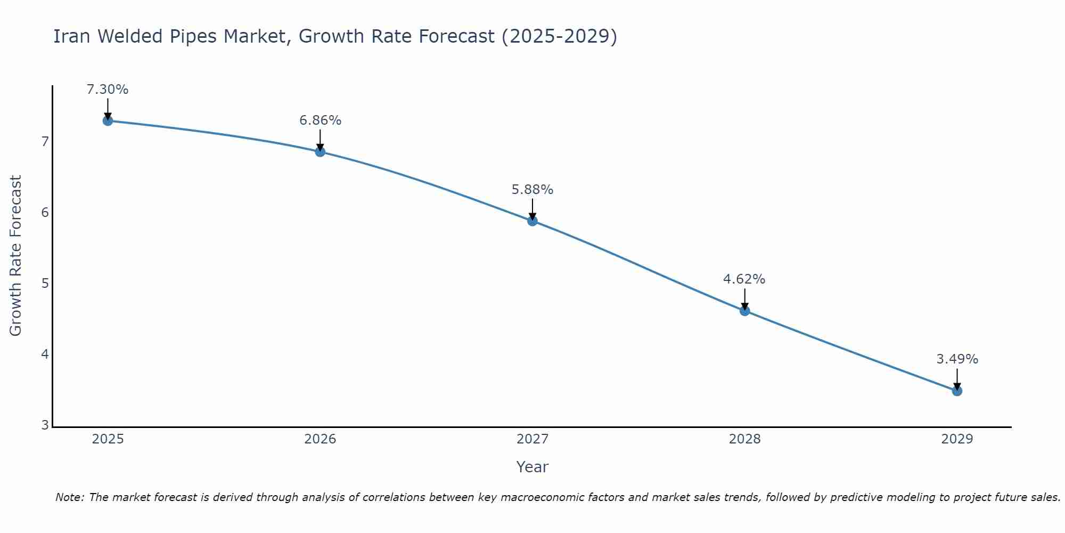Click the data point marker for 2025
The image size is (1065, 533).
point(108,120)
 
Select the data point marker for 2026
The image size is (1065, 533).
point(320,152)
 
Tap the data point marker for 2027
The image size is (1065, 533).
point(532,221)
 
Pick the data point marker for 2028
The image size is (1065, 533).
point(744,311)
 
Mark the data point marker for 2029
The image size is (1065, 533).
point(957,391)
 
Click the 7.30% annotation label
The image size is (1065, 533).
point(108,90)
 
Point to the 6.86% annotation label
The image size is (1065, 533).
point(320,120)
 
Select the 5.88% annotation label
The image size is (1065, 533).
point(532,190)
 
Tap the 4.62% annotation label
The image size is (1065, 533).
point(744,279)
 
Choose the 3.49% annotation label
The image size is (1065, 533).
point(957,359)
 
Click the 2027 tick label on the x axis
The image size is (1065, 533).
point(532,439)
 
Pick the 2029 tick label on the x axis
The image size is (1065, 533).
point(957,439)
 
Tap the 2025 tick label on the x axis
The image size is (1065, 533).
point(108,439)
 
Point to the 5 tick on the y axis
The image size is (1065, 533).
point(45,283)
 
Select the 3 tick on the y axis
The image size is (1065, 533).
point(45,425)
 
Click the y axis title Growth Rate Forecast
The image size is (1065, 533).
point(16,256)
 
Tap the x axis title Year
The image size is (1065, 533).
point(532,467)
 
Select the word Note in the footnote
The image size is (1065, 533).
point(69,497)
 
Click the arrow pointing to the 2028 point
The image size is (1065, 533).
point(744,298)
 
